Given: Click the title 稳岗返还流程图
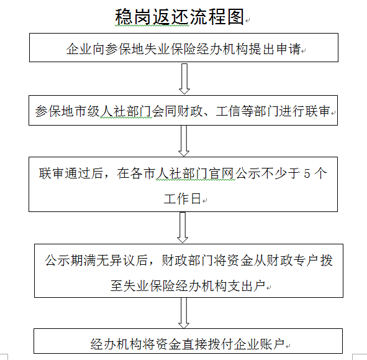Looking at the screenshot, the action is [179, 17].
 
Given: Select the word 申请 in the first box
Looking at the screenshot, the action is [288, 49].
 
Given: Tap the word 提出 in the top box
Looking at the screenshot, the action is [262, 49].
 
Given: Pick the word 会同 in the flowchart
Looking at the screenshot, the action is [164, 111].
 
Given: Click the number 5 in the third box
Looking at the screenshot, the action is [307, 173].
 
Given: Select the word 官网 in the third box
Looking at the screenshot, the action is [222, 173].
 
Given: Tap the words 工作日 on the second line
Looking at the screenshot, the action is [183, 199].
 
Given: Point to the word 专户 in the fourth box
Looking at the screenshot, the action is [307, 260].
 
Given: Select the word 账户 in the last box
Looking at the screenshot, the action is [272, 344].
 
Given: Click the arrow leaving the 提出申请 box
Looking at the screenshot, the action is [184, 79].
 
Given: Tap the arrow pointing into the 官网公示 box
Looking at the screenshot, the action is [184, 141].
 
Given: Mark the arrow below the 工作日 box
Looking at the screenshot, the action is [183, 228].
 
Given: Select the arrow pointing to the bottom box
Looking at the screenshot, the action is [184, 313].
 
